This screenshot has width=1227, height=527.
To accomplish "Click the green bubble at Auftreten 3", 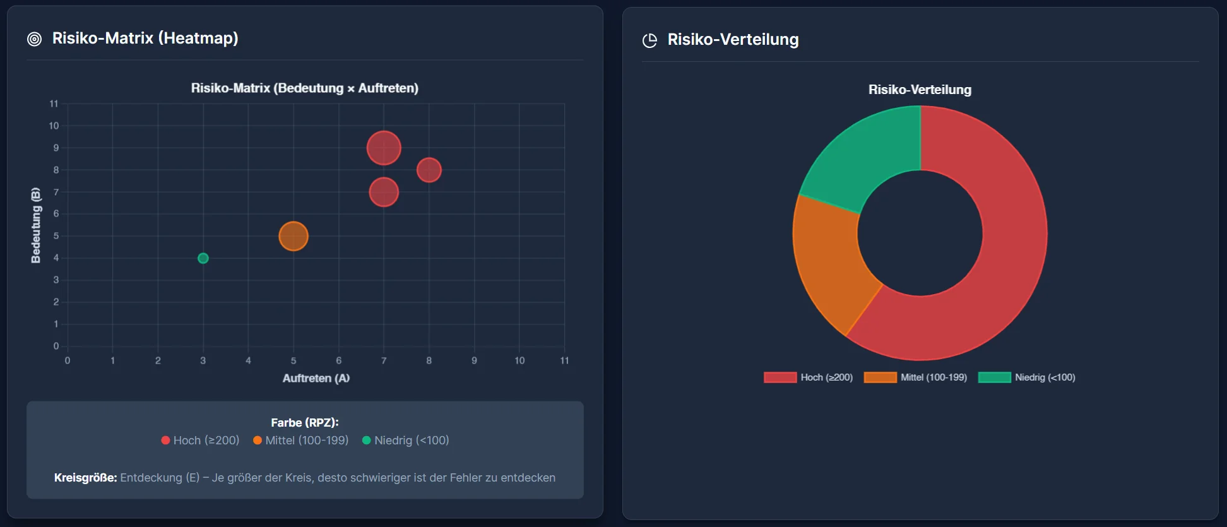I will click(x=203, y=258).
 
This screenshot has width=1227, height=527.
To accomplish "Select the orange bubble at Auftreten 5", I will click(x=293, y=236).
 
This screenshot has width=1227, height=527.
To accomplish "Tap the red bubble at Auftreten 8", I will click(x=429, y=170).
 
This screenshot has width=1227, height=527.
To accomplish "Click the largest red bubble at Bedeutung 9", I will click(x=384, y=148).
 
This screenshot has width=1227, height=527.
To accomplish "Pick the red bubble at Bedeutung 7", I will click(x=384, y=192).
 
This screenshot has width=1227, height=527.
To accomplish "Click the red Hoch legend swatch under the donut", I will click(x=780, y=377).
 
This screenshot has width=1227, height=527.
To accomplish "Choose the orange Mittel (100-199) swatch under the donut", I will click(x=880, y=377).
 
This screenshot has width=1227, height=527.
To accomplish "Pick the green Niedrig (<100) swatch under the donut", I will click(x=994, y=377).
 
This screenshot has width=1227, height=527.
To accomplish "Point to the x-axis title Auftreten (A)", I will click(x=316, y=378).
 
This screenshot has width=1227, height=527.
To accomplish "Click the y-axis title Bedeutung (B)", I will click(x=36, y=225).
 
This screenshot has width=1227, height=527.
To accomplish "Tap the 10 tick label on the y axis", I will click(x=54, y=126).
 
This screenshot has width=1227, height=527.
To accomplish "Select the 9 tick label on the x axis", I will click(x=474, y=360).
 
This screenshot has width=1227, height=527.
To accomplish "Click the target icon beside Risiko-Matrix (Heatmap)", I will click(x=35, y=39).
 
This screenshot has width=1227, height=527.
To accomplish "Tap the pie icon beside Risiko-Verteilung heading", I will click(x=649, y=40).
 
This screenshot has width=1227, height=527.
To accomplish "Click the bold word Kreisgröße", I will click(x=85, y=478).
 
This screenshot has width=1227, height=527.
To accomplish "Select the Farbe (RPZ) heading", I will click(x=305, y=423).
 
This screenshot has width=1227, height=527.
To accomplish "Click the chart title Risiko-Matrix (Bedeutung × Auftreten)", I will click(x=305, y=88).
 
